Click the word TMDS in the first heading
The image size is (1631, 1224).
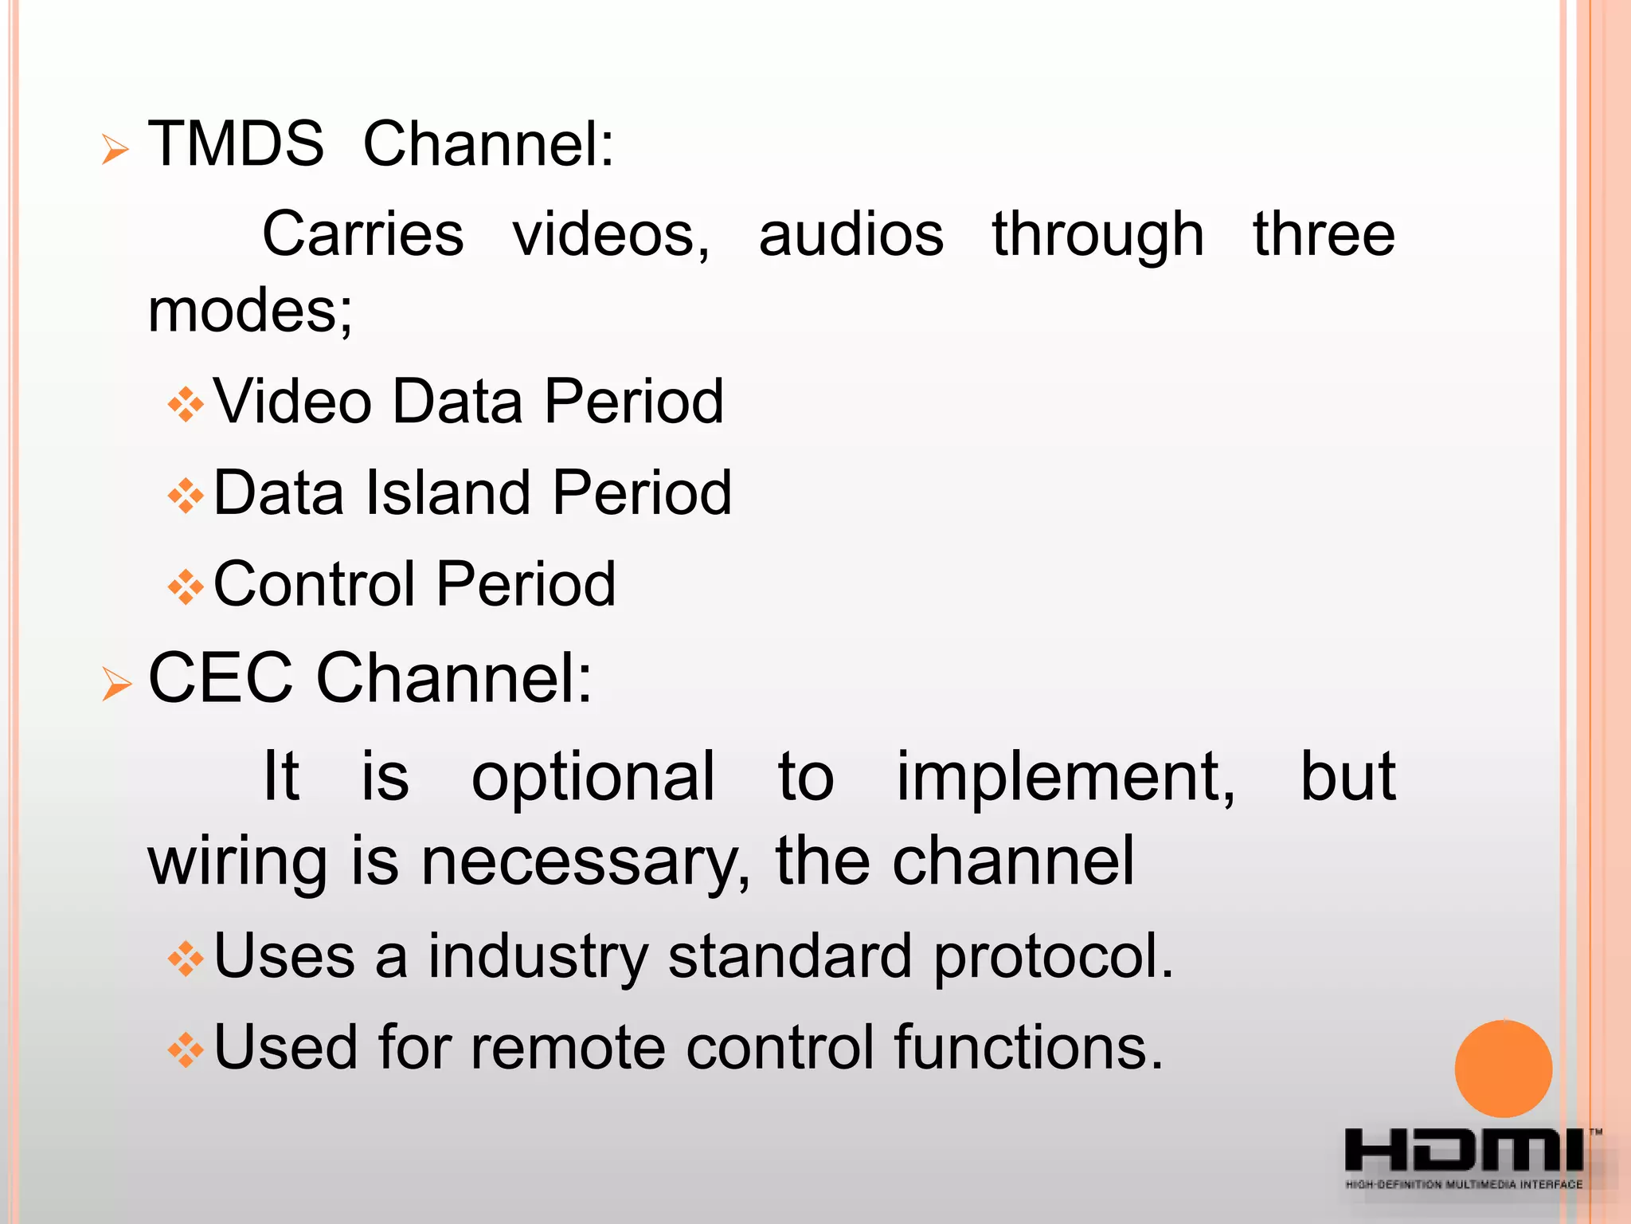(x=236, y=144)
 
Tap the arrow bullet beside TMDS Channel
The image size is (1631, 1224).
(x=115, y=149)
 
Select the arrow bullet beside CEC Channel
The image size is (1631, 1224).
(x=116, y=684)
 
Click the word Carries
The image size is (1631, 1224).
(x=363, y=234)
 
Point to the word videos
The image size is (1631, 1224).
(x=609, y=234)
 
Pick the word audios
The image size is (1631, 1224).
(x=851, y=234)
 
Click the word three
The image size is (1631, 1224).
(x=1324, y=234)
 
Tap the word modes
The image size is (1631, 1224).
(x=249, y=311)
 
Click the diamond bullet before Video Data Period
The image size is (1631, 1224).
(x=186, y=404)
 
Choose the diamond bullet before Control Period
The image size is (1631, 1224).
(x=186, y=587)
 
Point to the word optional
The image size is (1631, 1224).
(x=593, y=776)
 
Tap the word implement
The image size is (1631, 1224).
(x=1065, y=776)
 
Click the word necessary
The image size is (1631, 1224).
(x=585, y=861)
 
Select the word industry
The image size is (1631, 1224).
(x=538, y=956)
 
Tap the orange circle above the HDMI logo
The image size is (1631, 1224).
(x=1503, y=1069)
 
